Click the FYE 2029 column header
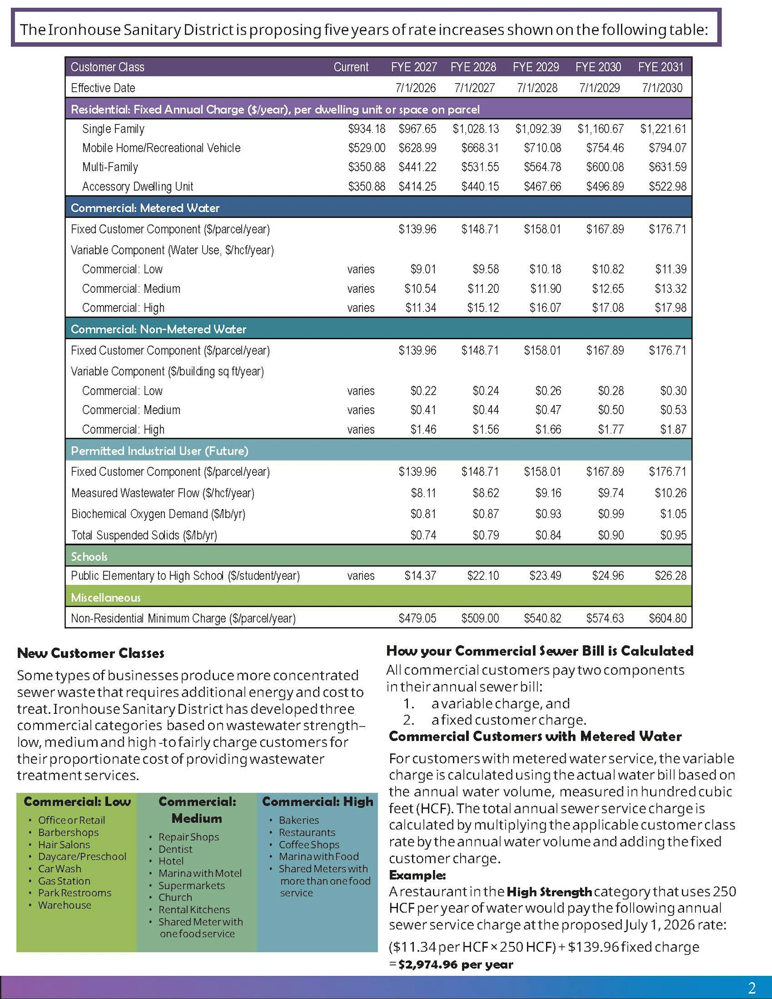[x=536, y=67]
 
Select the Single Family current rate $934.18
[x=366, y=129]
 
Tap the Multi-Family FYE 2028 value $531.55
[x=480, y=167]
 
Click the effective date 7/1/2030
[x=662, y=88]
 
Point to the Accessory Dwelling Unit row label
[x=137, y=186]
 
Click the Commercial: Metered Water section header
[x=145, y=208]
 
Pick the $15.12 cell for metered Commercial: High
[x=483, y=308]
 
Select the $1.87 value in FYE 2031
[x=673, y=429]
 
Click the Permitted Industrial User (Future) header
[x=159, y=451]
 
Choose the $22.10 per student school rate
[x=483, y=575]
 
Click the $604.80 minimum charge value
[x=667, y=618]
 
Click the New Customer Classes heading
[x=90, y=653]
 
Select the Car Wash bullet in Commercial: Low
[x=59, y=869]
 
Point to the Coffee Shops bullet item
[x=309, y=844]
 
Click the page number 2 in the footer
[x=752, y=988]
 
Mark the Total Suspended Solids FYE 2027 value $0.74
[x=423, y=535]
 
